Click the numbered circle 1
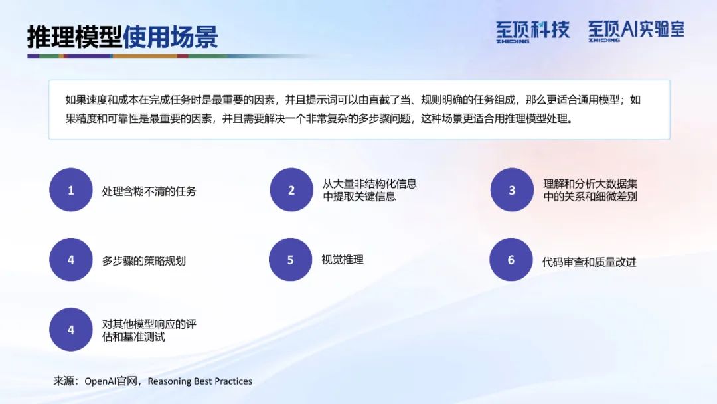pos(71,190)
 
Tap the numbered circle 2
pos(291,190)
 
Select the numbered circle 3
pos(512,190)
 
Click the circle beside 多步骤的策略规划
pos(71,259)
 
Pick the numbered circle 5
pos(290,259)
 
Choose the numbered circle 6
pos(511,259)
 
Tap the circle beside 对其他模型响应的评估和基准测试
pos(71,330)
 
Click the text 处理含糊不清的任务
pos(149,191)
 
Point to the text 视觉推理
pos(343,260)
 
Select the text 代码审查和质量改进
pos(589,262)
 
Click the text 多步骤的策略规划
pos(143,261)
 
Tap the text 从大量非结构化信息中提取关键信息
pos(370,190)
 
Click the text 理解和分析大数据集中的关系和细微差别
pos(590,190)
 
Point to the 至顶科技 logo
pos(532,32)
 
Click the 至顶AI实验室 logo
pos(636,31)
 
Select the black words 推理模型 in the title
pos(74,37)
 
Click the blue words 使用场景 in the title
pos(170,37)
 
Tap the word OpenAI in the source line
pos(100,381)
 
